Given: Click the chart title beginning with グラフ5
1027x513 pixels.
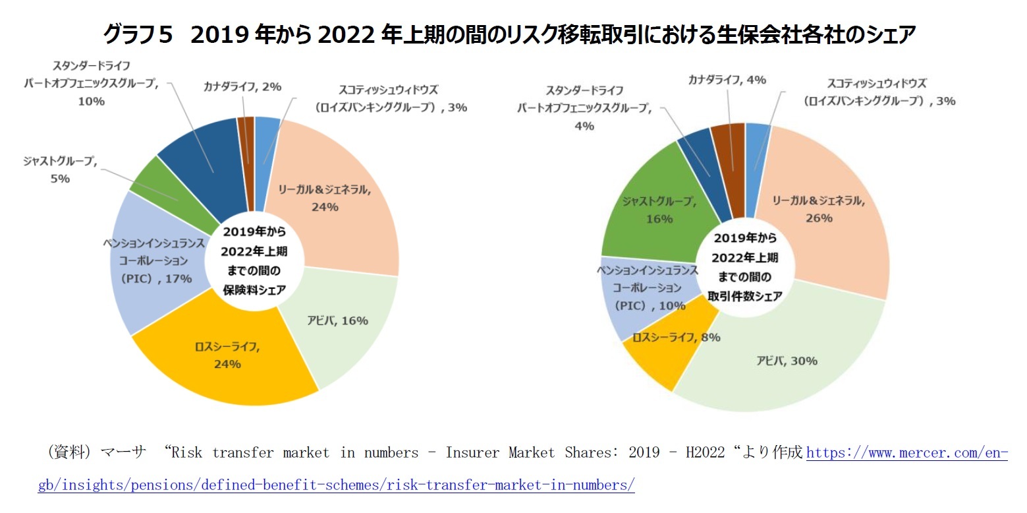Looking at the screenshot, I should [x=513, y=34].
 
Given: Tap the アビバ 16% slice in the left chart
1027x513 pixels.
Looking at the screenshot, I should [x=343, y=330].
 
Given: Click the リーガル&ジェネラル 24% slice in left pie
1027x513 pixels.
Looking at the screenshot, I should [x=329, y=198].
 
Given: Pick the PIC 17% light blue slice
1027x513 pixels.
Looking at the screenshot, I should [x=155, y=264].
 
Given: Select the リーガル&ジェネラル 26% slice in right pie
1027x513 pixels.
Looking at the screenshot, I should [x=823, y=211].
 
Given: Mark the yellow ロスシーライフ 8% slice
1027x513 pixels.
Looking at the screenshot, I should [x=659, y=356].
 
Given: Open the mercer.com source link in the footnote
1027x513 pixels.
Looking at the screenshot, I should [x=906, y=453].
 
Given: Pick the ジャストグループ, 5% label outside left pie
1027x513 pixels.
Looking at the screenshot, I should [x=60, y=169].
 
